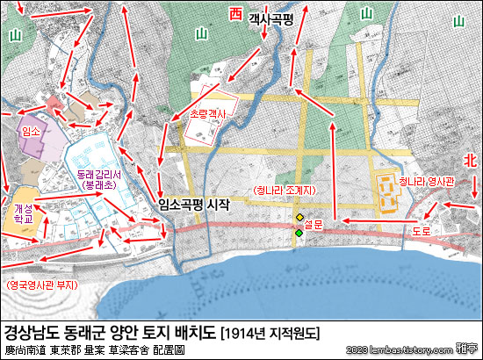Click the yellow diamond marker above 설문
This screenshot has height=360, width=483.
pyautogui.click(x=299, y=217)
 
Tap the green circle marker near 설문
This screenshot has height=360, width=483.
pyautogui.click(x=299, y=233)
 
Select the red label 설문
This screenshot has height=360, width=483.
pyautogui.click(x=314, y=225)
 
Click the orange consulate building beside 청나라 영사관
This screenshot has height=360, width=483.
pyautogui.click(x=387, y=191)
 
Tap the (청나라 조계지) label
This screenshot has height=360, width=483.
pyautogui.click(x=285, y=191)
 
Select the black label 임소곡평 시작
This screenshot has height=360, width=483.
pyautogui.click(x=194, y=204)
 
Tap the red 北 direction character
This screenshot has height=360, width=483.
pyautogui.click(x=470, y=160)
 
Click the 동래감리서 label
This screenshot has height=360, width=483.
pyautogui.click(x=98, y=176)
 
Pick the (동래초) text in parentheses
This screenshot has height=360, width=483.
pyautogui.click(x=98, y=186)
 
